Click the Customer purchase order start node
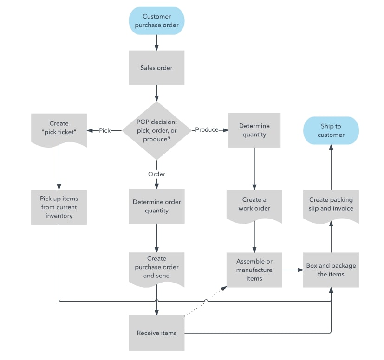(x=156, y=20)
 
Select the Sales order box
(x=156, y=68)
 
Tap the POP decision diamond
(x=156, y=130)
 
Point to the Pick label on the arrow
(x=104, y=131)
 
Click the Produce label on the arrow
(x=207, y=130)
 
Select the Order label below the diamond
(x=156, y=174)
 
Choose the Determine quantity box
(x=254, y=130)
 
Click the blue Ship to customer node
(x=332, y=130)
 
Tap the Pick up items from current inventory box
(x=59, y=207)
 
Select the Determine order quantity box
(x=156, y=206)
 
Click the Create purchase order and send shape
(x=156, y=267)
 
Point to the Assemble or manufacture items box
(x=254, y=270)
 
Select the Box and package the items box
(x=331, y=270)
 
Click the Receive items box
(x=156, y=333)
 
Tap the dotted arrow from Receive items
(x=206, y=301)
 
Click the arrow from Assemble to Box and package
(x=293, y=270)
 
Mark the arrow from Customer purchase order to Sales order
(x=156, y=42)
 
